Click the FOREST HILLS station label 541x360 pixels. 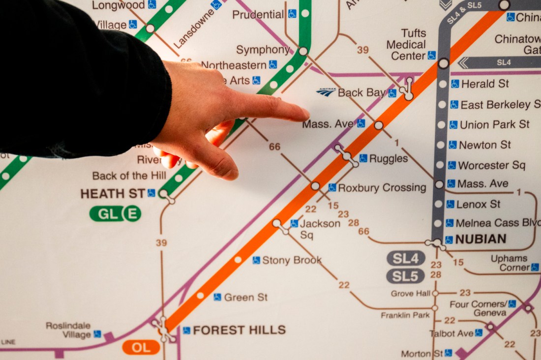pos(239,330)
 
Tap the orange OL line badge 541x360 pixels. pos(141,347)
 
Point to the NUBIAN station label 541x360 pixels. pos(481,240)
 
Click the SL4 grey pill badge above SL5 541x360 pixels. pos(405,258)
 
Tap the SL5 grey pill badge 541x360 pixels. pos(405,276)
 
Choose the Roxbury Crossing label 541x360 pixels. pos(382,187)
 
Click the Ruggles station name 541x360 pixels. pos(388,158)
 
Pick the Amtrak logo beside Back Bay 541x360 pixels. pos(326,92)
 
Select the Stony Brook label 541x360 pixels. pos(292,260)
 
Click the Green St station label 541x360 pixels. pos(245,297)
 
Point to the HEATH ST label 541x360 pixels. pos(113,193)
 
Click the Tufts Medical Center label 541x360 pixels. pos(406,45)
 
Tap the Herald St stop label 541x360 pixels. pos(485,84)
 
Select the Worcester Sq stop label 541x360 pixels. pos(491,165)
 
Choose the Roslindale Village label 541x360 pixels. pos(69,330)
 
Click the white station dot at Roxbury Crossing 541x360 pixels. pos(315,186)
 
